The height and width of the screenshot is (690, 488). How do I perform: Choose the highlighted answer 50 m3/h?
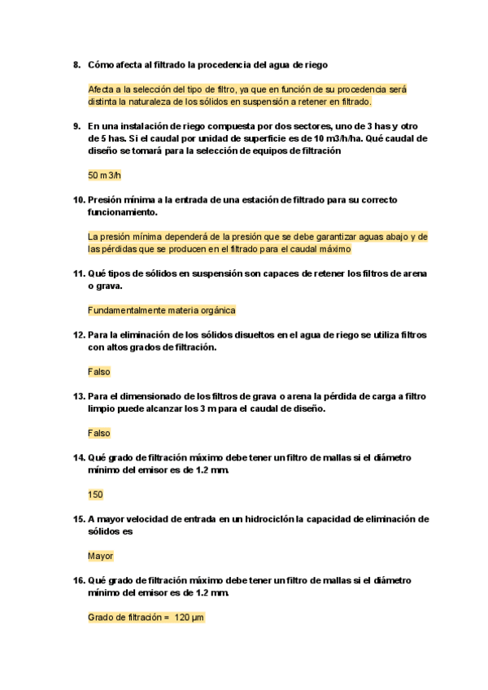point(104,175)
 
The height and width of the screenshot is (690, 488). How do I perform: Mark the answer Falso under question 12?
point(98,371)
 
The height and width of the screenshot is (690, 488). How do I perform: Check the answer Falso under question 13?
point(98,433)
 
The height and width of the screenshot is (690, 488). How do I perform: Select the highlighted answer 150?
point(95,494)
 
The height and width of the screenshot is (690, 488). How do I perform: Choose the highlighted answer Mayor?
point(100,556)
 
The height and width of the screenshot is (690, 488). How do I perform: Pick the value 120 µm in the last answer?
point(189,618)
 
